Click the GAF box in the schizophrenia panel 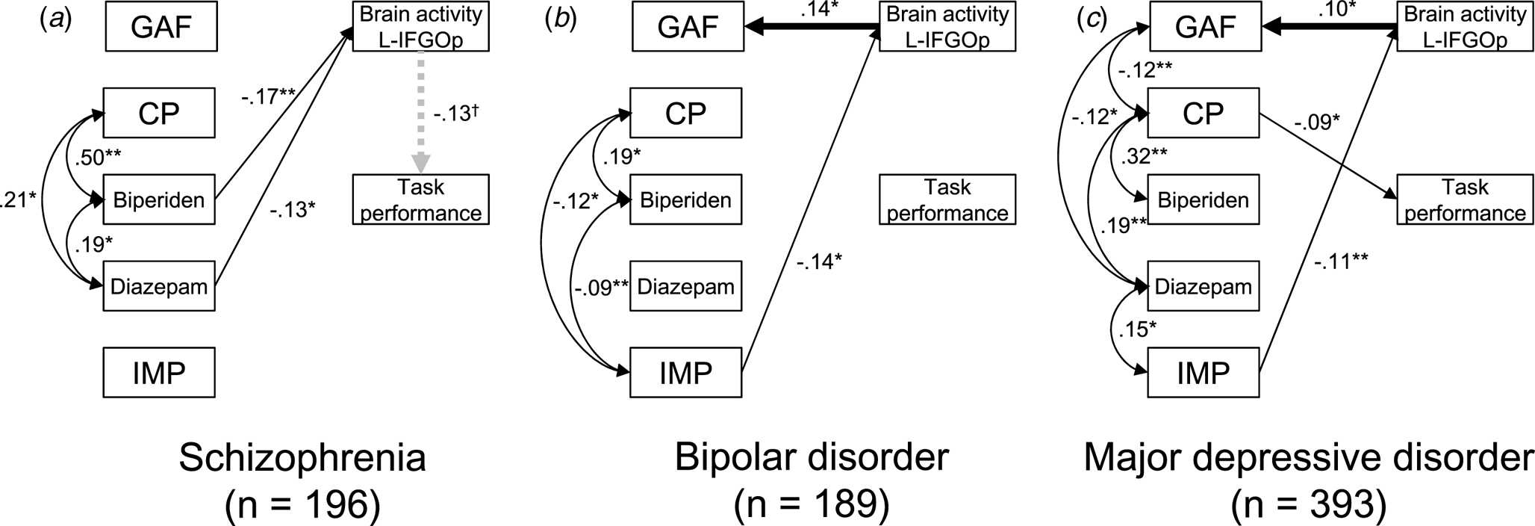click(161, 27)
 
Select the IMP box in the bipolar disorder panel click(685, 372)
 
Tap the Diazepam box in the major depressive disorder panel click(1203, 286)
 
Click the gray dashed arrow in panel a click(421, 112)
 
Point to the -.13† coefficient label click(455, 114)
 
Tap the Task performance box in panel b click(947, 199)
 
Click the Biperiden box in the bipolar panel click(685, 200)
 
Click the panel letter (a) click(55, 20)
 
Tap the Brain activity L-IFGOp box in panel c click(1465, 27)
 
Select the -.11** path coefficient click(1342, 261)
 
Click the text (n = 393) click(1308, 506)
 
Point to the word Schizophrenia click(302, 458)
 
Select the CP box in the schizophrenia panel click(159, 113)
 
